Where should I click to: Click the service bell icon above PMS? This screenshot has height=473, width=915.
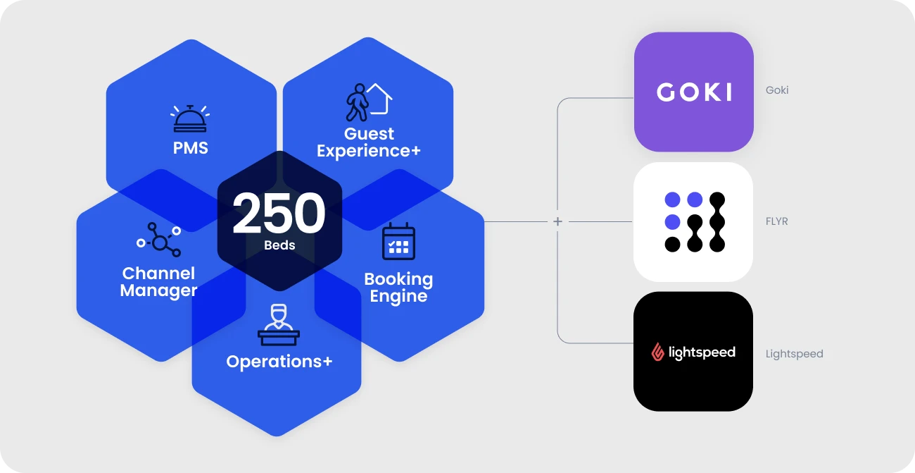pyautogui.click(x=190, y=118)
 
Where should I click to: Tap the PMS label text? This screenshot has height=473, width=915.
pyautogui.click(x=191, y=148)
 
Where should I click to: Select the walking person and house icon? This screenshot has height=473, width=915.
pyautogui.click(x=368, y=102)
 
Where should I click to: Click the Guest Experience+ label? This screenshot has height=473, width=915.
pyautogui.click(x=369, y=142)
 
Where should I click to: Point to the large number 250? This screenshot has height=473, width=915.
pyautogui.click(x=279, y=214)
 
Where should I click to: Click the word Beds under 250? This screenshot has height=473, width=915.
pyautogui.click(x=279, y=245)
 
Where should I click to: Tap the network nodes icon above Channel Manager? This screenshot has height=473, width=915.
pyautogui.click(x=159, y=240)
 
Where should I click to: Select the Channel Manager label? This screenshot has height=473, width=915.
pyautogui.click(x=158, y=281)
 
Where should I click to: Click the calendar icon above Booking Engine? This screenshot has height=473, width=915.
pyautogui.click(x=398, y=242)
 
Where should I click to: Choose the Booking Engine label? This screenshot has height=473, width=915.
pyautogui.click(x=398, y=287)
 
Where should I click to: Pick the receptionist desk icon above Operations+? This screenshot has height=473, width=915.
pyautogui.click(x=279, y=324)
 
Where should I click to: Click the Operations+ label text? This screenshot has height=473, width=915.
pyautogui.click(x=279, y=362)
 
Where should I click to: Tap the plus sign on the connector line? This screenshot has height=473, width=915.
pyautogui.click(x=557, y=222)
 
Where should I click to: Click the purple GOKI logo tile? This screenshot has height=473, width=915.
pyautogui.click(x=694, y=92)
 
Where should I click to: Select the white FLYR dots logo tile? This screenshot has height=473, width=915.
pyautogui.click(x=693, y=222)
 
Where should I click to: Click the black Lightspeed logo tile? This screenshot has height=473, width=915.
pyautogui.click(x=693, y=351)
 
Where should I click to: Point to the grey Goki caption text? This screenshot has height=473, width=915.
pyautogui.click(x=777, y=90)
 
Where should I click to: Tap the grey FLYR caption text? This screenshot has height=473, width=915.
pyautogui.click(x=777, y=221)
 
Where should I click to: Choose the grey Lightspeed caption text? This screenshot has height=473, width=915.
pyautogui.click(x=794, y=354)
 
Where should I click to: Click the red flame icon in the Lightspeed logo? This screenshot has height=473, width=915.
pyautogui.click(x=657, y=352)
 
